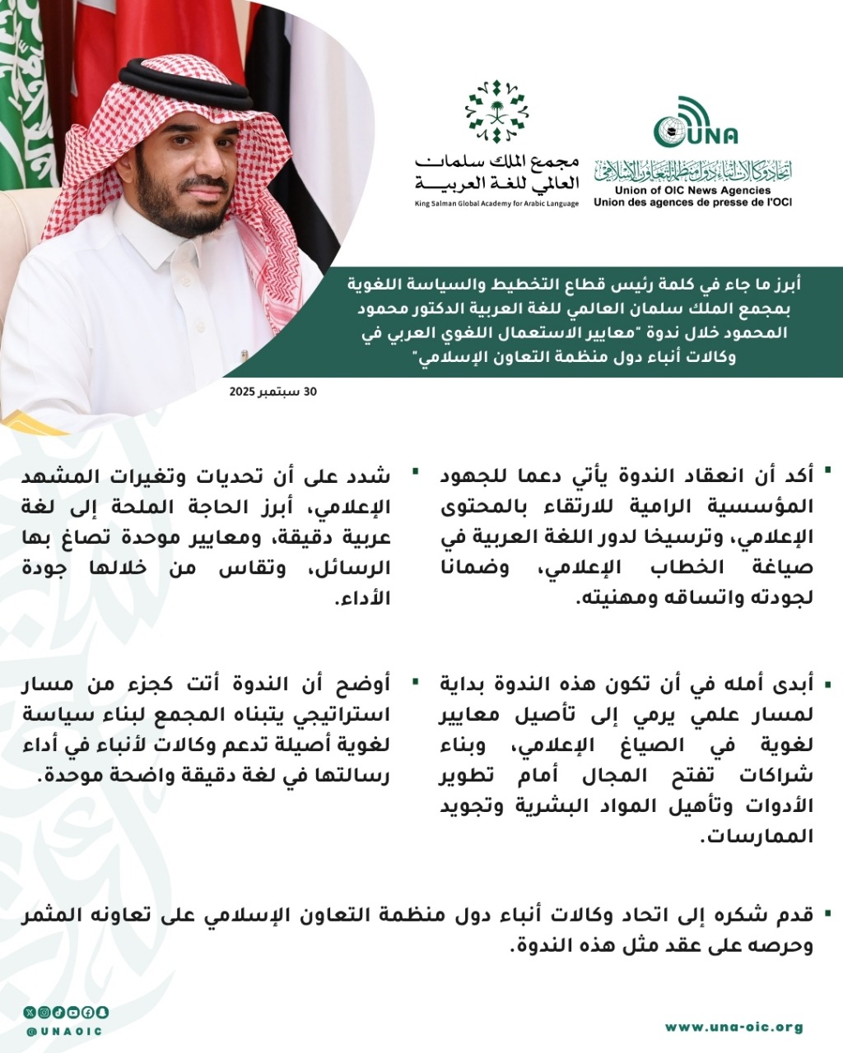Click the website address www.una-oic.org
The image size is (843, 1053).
[x=734, y=1027]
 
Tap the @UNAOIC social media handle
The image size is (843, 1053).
[x=64, y=1031]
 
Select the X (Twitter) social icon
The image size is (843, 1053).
[x=30, y=1012]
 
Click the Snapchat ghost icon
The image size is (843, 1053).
[x=103, y=1012]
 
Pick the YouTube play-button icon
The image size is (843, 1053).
[x=73, y=1012]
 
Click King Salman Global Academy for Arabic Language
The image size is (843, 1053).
[x=496, y=203]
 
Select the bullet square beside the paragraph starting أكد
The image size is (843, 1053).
[x=827, y=471]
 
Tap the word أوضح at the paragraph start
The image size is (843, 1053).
[x=370, y=684]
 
